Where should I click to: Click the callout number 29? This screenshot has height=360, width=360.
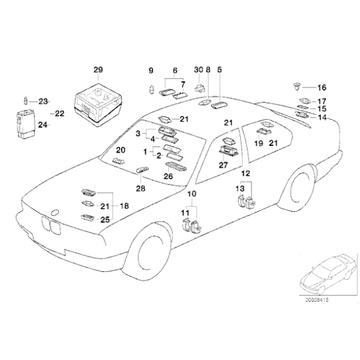pos(98,69)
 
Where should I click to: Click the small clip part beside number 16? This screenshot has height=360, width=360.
pos(297,86)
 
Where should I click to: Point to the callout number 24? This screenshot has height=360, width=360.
pos(42,124)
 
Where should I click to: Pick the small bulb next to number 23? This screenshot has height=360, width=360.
pos(26,101)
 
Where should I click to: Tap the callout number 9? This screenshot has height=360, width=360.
pos(150,70)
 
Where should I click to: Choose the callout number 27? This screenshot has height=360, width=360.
pos(223,165)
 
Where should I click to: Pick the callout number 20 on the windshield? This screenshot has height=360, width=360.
pos(120,150)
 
